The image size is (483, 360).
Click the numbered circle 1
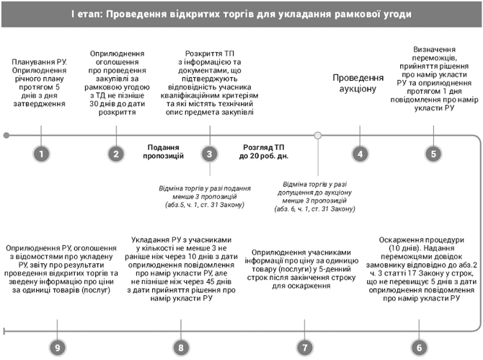[x=43, y=154]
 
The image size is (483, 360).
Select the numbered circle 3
[x=209, y=154]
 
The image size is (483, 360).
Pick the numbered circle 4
[x=359, y=154]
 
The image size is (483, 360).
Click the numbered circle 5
[x=433, y=154]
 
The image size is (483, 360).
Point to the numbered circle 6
[x=418, y=327]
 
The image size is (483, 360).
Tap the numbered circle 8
[x=182, y=327]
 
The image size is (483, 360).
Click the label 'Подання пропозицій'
[x=163, y=150]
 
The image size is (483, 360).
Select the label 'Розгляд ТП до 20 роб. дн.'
[x=265, y=150]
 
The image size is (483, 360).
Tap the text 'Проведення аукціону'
[x=358, y=84]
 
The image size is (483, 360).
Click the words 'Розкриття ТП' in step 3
[x=209, y=54]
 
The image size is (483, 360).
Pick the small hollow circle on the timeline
[x=318, y=135]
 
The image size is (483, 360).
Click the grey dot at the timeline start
[x=6, y=135]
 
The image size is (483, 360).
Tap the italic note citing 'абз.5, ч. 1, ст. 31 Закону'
[x=203, y=196]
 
